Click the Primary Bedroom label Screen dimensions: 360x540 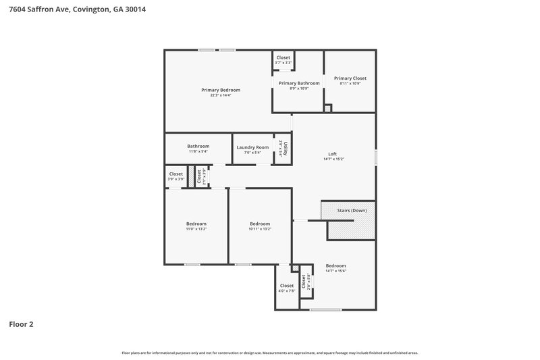click(x=221, y=90)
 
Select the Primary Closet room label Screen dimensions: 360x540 click(x=350, y=78)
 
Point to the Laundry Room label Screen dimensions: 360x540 click(x=252, y=147)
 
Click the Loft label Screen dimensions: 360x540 click(x=332, y=154)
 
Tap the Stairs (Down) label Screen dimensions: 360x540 click(x=352, y=211)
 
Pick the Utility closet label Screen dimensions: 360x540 click(x=286, y=147)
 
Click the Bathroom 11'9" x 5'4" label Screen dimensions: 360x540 click(x=198, y=146)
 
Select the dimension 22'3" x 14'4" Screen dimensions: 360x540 click(x=221, y=95)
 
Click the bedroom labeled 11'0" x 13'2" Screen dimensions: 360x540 click(x=196, y=224)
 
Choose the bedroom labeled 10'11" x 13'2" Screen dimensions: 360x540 click(x=260, y=224)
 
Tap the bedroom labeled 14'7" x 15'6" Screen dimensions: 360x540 click(x=335, y=265)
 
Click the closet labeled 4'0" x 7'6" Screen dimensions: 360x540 click(x=287, y=286)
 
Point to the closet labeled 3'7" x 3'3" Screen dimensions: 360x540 click(x=283, y=58)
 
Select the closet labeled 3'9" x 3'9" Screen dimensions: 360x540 click(x=176, y=174)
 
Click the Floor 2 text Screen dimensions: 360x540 click(x=21, y=324)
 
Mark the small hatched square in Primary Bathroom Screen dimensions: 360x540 click(x=328, y=108)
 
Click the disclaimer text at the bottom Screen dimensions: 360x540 click(x=270, y=353)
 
